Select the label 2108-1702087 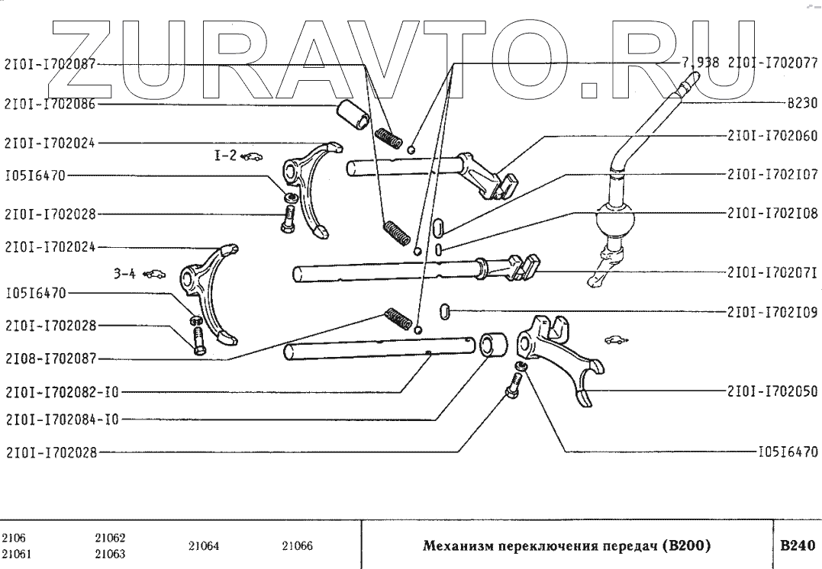pyautogui.click(x=50, y=358)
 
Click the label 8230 pyautogui.click(x=801, y=101)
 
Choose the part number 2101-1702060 pyautogui.click(x=772, y=136)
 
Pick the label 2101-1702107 pyautogui.click(x=772, y=175)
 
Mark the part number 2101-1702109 pyautogui.click(x=772, y=311)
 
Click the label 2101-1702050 pyautogui.click(x=772, y=391)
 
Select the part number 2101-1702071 pyautogui.click(x=772, y=272)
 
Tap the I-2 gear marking pyautogui.click(x=224, y=156)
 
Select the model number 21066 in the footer pyautogui.click(x=297, y=546)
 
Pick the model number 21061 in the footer pyautogui.click(x=16, y=554)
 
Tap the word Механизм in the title pyautogui.click(x=456, y=546)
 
